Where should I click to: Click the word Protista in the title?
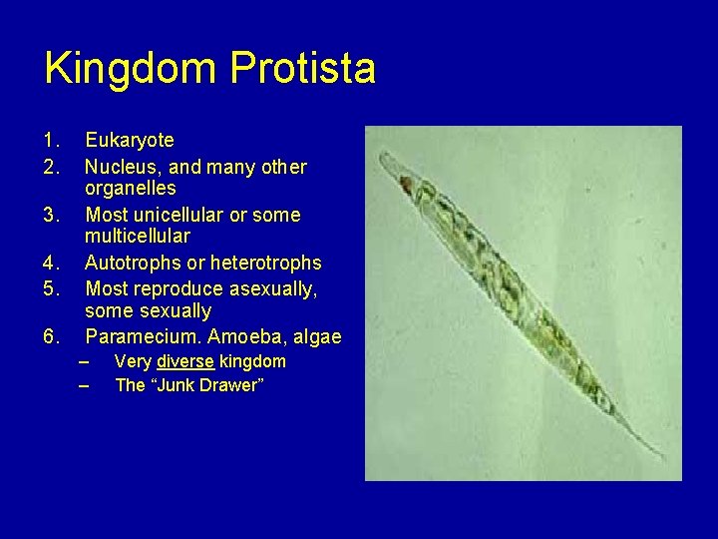point(303,69)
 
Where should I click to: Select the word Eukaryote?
point(130,141)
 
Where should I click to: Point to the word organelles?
point(131,189)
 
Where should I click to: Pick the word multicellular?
point(138,237)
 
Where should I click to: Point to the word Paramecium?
point(142,337)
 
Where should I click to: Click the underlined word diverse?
point(185,361)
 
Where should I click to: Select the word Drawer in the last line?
point(230,385)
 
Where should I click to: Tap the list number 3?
point(50,215)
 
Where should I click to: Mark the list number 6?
point(50,337)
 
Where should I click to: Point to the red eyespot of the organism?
point(406,184)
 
